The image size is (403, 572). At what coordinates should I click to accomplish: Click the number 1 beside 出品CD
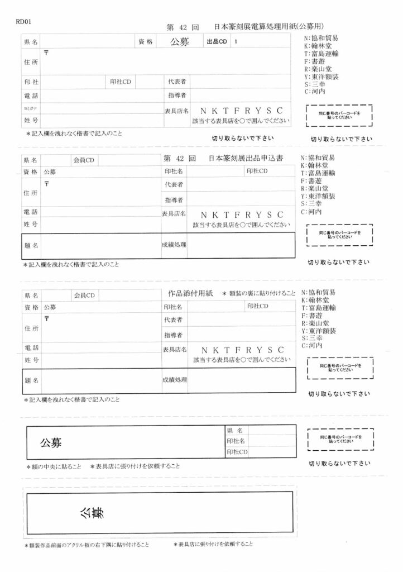click(x=236, y=42)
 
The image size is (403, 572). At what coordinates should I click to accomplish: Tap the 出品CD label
click(x=217, y=42)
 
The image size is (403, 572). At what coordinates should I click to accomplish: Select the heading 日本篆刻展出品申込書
click(x=245, y=158)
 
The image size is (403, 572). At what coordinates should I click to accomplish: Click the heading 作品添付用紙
click(x=191, y=293)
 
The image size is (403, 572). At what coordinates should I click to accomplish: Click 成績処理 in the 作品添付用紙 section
click(x=174, y=379)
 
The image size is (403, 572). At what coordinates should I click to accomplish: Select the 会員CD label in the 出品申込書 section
click(x=84, y=160)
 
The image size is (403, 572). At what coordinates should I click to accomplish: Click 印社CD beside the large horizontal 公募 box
click(x=237, y=451)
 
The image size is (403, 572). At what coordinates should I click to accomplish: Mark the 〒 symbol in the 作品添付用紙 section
click(x=47, y=318)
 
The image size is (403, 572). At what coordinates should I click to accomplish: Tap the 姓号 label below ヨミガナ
click(x=31, y=120)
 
